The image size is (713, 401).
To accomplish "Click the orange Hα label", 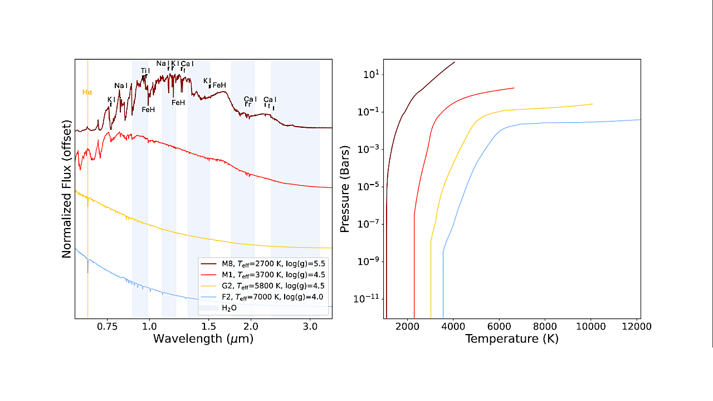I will [x=87, y=92].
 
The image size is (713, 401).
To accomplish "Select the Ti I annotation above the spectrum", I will [x=145, y=71].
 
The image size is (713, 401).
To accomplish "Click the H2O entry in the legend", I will [x=229, y=307].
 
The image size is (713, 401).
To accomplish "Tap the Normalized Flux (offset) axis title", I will [x=67, y=189].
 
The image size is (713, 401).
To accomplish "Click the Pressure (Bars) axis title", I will [x=345, y=189].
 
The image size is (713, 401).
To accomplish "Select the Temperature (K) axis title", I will [x=511, y=339].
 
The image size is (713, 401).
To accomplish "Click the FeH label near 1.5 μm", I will [x=219, y=85].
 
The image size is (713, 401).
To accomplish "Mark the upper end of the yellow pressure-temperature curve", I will [x=592, y=104].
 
